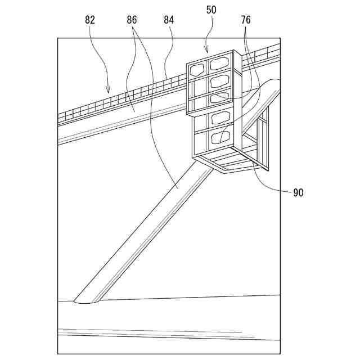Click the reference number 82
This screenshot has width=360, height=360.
pos(90,20)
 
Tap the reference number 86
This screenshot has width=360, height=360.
pos(132,20)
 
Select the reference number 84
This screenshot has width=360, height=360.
pos(169,20)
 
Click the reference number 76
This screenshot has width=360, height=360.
pos(246,20)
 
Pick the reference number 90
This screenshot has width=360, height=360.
pos(298,193)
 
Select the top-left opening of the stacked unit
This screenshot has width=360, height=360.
pos(197,70)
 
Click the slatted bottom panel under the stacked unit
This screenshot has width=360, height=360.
pos(231,163)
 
